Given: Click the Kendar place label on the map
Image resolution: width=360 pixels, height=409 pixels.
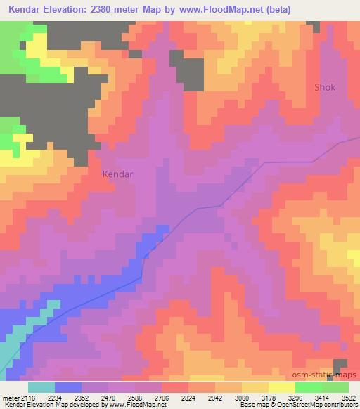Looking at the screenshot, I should [x=118, y=173].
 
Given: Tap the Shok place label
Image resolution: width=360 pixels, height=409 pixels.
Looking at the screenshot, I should [x=324, y=88].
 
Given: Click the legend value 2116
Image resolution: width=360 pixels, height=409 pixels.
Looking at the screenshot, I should [x=28, y=397].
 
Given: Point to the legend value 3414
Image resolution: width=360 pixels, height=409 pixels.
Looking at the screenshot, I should [x=314, y=397].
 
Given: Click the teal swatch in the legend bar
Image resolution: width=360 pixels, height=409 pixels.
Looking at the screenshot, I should [x=41, y=387].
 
